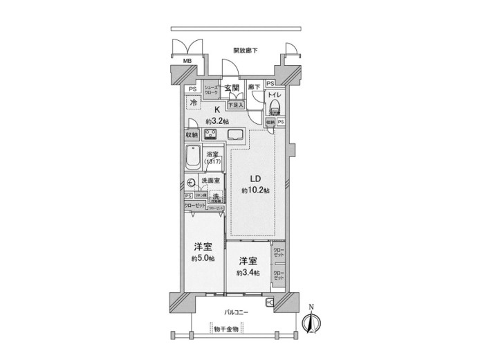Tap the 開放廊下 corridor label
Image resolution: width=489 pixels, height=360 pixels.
click(x=246, y=51)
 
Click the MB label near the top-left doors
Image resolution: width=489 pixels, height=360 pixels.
click(x=186, y=61)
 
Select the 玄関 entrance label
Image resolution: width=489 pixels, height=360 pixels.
click(x=232, y=88)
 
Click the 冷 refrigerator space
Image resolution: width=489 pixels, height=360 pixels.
click(x=194, y=102)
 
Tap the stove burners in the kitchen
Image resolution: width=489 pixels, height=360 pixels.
click(x=210, y=134)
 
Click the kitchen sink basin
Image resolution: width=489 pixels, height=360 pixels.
click(x=234, y=134)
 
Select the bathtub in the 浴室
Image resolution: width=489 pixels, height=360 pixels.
click(x=193, y=160)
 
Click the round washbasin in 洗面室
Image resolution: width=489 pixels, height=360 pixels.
click(x=192, y=183)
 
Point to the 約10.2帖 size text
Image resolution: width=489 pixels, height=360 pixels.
click(x=255, y=190)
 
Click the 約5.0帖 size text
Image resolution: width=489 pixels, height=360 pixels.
click(x=201, y=258)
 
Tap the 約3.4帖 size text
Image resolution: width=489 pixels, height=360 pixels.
click(x=247, y=273)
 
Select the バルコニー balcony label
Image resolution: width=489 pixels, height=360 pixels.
click(x=238, y=313)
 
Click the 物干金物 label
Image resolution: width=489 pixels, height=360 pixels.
click(x=225, y=330)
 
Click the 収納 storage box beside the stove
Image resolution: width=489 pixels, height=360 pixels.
click(x=192, y=134)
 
